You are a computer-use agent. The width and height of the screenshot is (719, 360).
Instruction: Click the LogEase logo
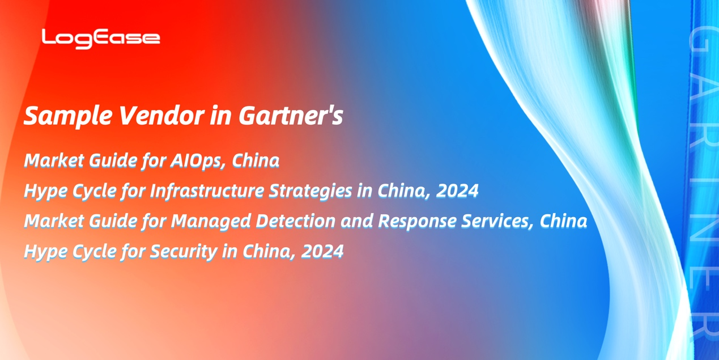point(101,39)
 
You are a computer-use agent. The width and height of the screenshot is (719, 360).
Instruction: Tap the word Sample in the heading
point(68,116)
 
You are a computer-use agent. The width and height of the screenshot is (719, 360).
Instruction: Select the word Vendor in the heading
point(161,115)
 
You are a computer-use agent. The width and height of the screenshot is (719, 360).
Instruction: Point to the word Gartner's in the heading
point(291,116)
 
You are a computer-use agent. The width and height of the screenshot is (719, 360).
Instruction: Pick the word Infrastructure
point(207,190)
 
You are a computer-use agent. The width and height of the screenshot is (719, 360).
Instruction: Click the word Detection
point(295,221)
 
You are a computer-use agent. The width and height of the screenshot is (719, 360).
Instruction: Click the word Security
point(184,252)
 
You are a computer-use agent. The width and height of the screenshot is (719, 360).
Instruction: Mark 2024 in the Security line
point(322,251)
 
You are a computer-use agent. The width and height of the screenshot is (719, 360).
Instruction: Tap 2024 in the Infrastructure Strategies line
point(457,190)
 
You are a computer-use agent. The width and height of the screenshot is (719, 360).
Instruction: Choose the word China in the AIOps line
point(256,160)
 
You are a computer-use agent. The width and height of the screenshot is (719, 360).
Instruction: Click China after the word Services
point(563,221)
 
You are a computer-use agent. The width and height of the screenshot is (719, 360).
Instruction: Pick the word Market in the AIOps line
point(54,160)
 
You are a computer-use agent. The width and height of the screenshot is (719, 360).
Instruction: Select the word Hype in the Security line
point(45,252)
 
